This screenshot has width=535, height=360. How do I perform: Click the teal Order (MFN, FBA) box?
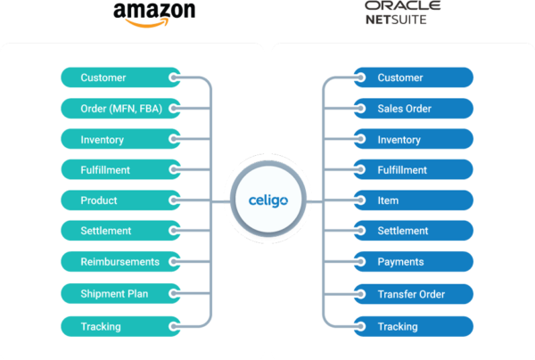119,109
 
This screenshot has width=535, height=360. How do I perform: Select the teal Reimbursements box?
119,262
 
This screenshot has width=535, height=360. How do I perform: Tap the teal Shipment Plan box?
119,293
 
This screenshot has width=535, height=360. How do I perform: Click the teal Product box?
119,200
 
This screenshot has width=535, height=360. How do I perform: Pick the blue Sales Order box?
414,109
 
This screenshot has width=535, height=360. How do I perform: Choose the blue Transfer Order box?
414,294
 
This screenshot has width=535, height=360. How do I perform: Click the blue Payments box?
414,262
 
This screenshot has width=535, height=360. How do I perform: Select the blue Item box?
414,200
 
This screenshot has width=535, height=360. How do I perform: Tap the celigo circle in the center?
267,200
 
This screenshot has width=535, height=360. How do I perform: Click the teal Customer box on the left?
119,78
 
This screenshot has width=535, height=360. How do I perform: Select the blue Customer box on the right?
414,78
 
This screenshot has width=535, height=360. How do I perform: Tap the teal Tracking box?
119,326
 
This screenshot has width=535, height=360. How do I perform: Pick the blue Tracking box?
414,326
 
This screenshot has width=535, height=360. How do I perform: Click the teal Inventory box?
119,140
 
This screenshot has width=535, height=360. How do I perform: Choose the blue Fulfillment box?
414,169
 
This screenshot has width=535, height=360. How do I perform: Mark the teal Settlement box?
119,231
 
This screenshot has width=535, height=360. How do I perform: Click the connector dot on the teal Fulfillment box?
176,169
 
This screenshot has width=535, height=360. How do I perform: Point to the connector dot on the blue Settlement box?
358,231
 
